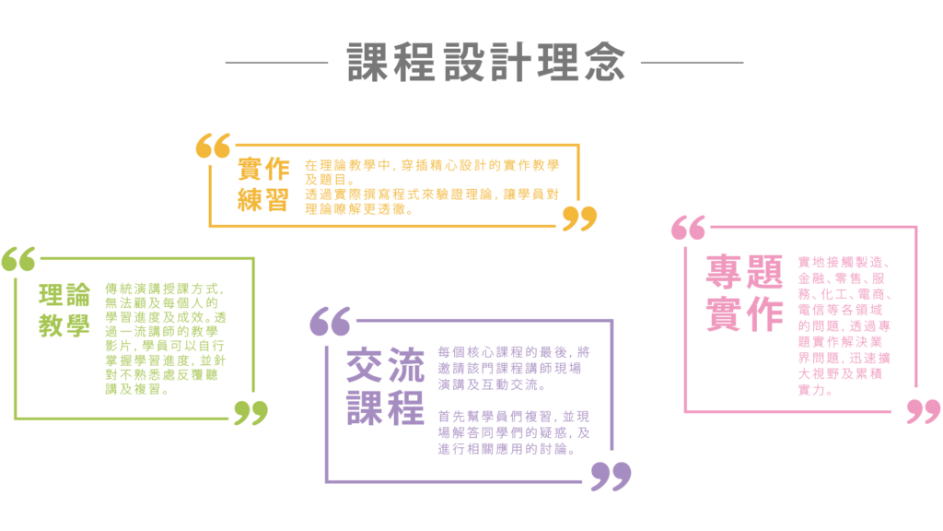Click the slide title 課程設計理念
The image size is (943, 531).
485,63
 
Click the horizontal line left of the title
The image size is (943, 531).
276,63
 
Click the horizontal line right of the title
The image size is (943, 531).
692,63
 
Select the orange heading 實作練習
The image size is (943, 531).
263,184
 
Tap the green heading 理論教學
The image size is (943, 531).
64,311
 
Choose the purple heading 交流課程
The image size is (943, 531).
385,387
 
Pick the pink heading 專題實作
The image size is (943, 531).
744,292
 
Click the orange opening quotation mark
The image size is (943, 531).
214,146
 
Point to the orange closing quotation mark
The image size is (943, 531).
579,218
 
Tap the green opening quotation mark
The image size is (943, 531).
18,259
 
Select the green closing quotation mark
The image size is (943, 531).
250,412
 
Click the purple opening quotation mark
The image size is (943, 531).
330,321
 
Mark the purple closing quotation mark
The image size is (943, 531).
611,477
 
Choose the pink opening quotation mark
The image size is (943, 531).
689,228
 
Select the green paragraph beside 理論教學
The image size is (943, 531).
165,338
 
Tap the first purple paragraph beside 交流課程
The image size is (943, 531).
514,368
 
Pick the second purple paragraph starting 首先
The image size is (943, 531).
514,433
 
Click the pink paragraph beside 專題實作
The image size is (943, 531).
844,325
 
